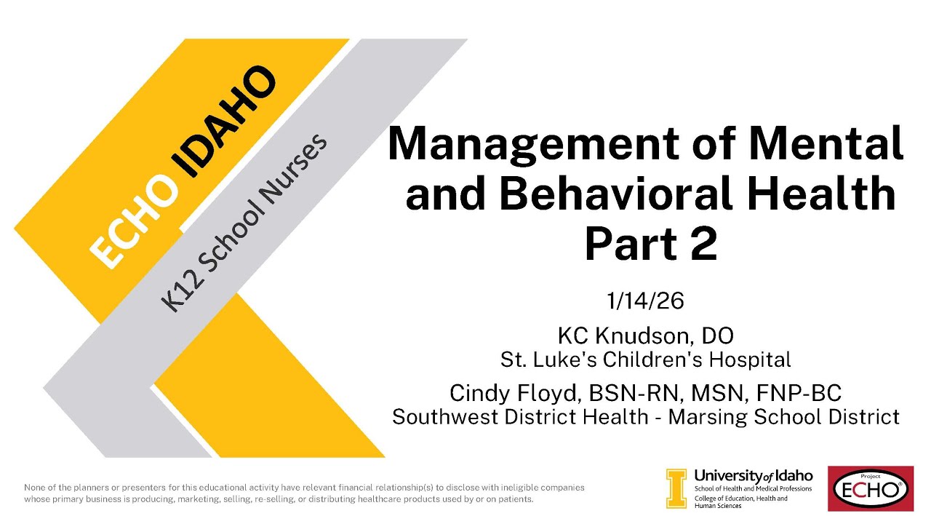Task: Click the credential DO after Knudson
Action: [718, 336]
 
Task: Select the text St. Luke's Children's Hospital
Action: [645, 359]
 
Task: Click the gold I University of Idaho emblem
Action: [676, 488]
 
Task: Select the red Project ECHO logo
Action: [870, 488]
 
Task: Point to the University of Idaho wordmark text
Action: [754, 475]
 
